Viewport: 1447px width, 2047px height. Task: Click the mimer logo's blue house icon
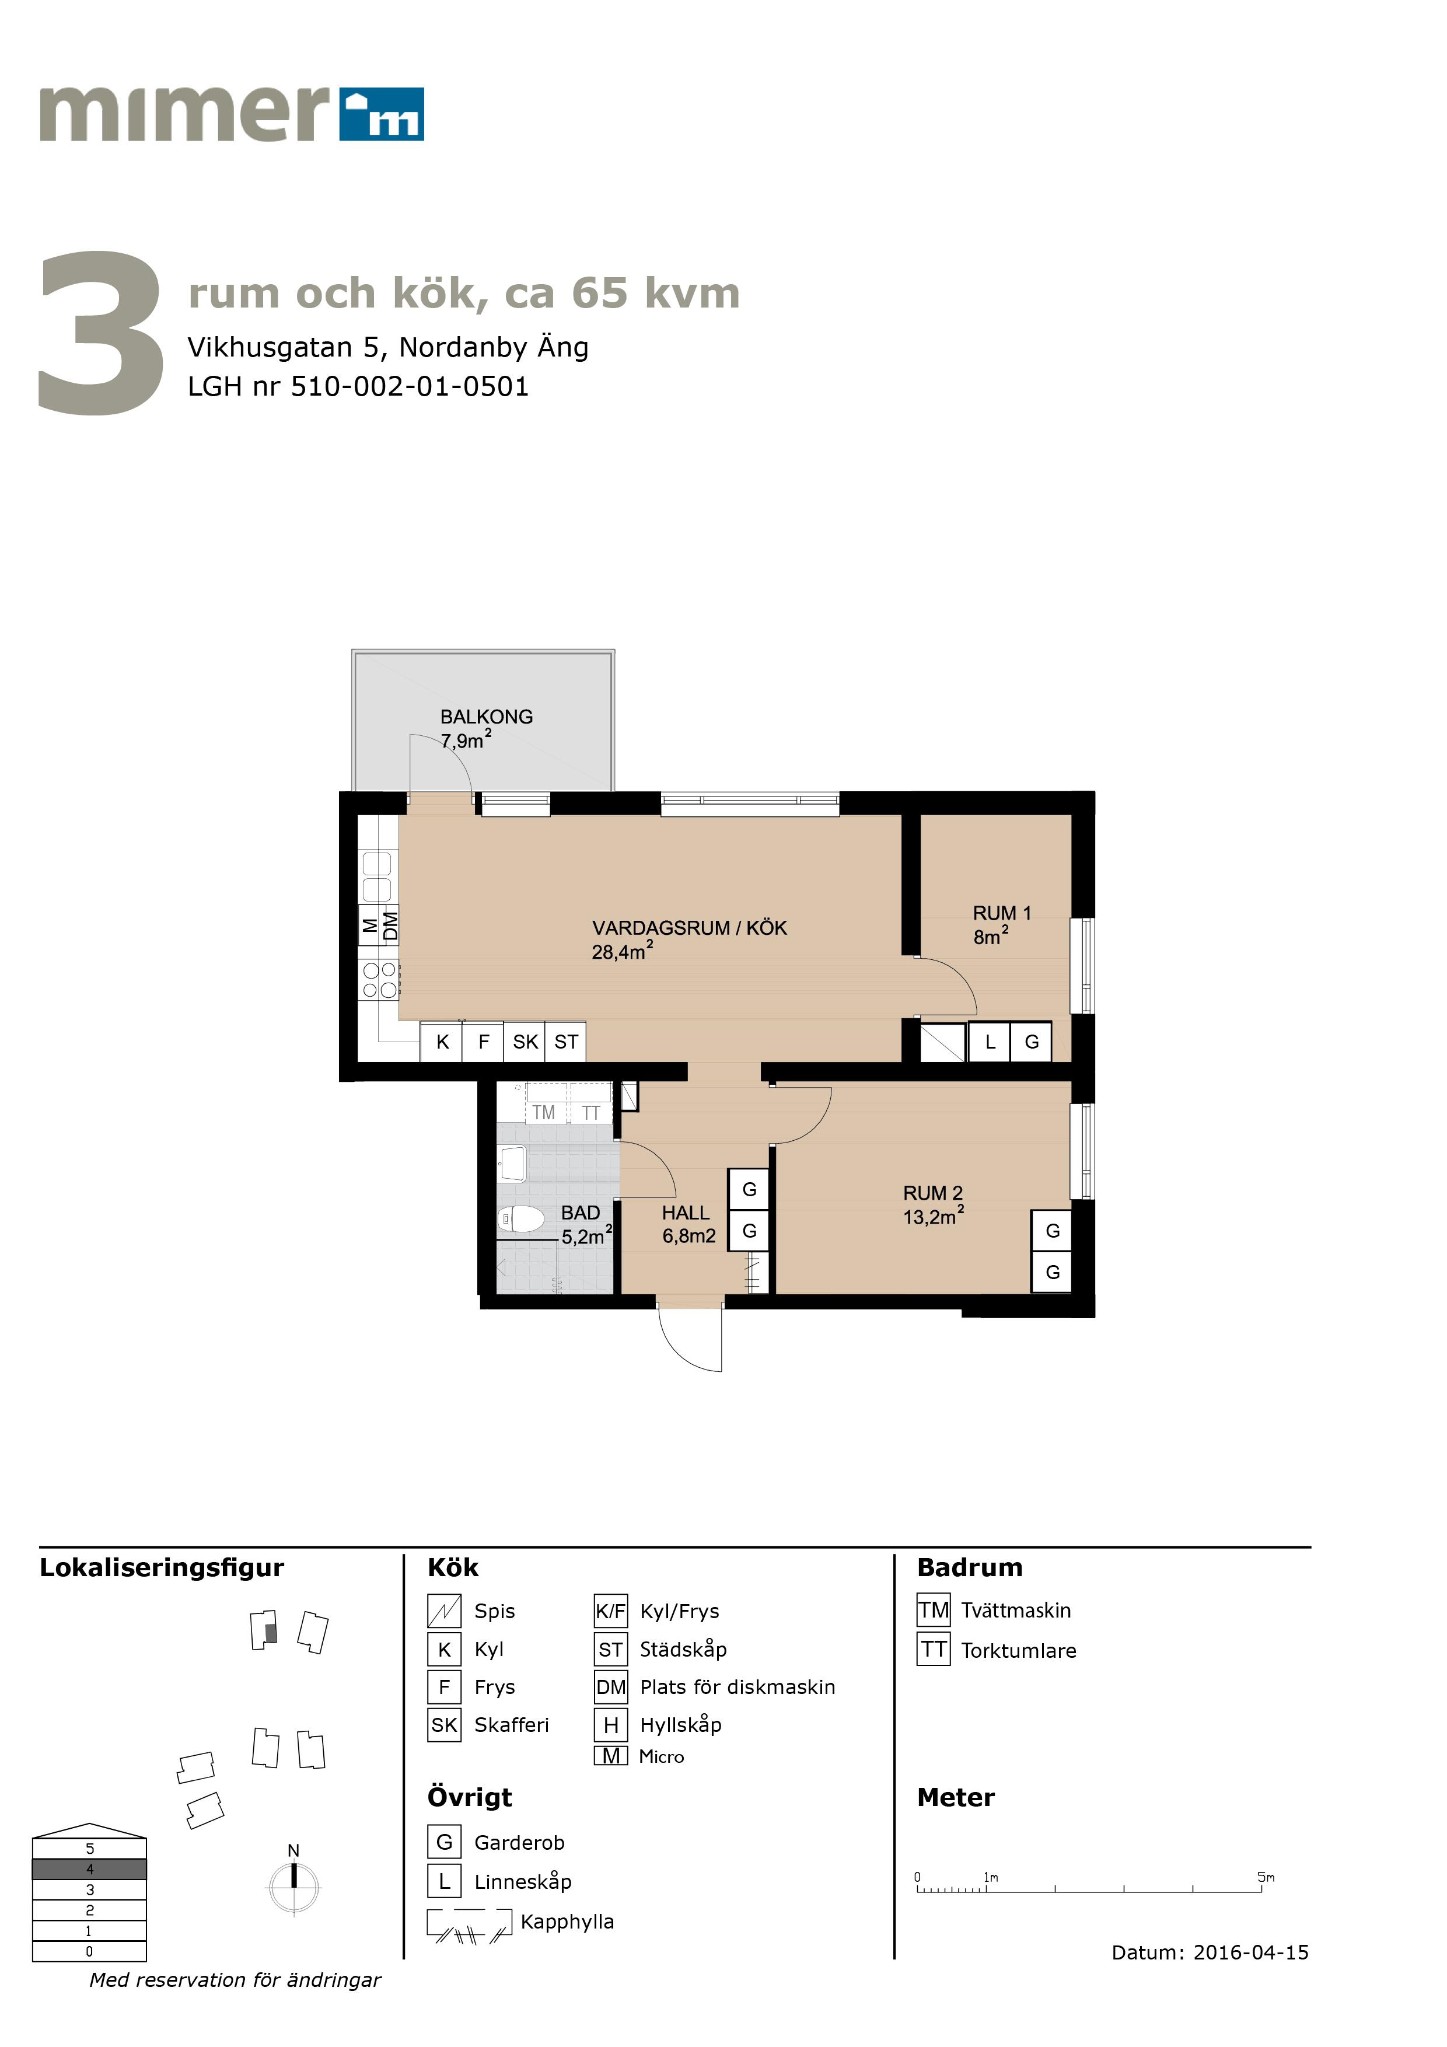(382, 114)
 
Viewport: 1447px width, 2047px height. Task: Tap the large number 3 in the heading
(101, 333)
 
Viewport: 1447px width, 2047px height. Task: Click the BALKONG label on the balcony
(486, 717)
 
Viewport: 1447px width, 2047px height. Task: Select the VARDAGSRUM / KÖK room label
(689, 928)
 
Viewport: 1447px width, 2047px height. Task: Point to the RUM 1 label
(1001, 913)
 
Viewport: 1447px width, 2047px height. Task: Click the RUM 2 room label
(932, 1193)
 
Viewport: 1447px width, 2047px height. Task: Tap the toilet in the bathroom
(520, 1218)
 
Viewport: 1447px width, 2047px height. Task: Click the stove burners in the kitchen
(379, 980)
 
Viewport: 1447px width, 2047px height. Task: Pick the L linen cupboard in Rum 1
(990, 1042)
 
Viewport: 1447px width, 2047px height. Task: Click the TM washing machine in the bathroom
(544, 1112)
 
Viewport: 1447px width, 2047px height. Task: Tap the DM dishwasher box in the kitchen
(390, 925)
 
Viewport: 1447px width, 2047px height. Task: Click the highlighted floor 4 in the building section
(89, 1868)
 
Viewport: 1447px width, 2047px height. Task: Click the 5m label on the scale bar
(1266, 1877)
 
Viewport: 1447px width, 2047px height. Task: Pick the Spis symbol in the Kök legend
(444, 1610)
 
